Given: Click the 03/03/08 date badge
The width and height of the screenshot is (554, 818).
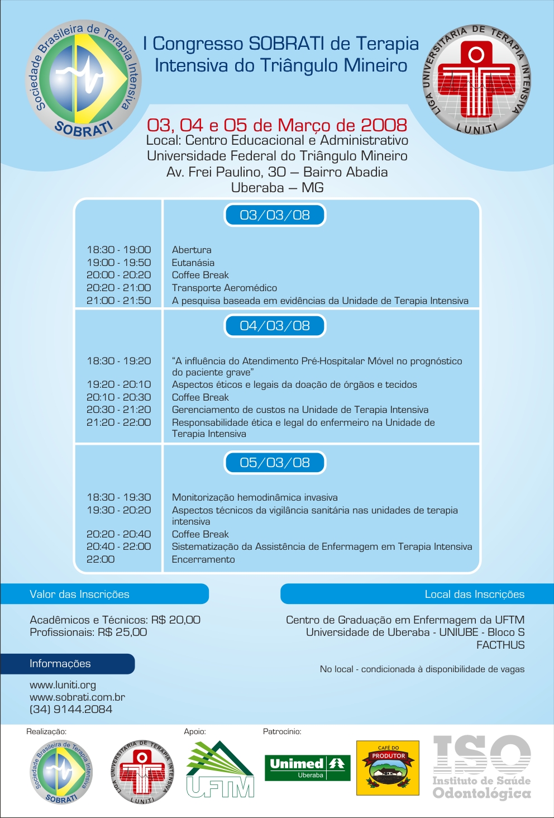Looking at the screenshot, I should (x=274, y=215).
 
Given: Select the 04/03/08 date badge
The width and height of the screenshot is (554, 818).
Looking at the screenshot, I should (x=274, y=326).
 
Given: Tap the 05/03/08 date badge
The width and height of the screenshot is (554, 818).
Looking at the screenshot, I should (x=274, y=463).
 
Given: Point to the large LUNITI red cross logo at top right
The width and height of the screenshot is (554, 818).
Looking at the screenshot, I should (x=476, y=80).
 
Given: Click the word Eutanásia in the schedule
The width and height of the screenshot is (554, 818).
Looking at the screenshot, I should (x=193, y=263).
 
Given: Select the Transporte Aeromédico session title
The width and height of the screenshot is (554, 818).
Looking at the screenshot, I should (x=224, y=288).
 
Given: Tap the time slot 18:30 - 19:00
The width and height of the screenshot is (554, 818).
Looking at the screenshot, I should (x=118, y=250).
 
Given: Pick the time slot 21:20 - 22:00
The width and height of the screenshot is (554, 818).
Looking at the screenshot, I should (x=118, y=422).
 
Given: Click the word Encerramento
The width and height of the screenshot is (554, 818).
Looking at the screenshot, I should (x=203, y=559).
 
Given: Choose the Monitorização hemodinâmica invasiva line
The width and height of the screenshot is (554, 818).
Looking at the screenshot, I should (x=255, y=497).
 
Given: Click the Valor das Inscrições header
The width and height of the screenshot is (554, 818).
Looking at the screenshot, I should (x=79, y=594).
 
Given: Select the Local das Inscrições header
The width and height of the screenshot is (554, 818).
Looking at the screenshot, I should (x=474, y=594).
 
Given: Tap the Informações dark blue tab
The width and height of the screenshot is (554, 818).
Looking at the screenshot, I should (x=60, y=664).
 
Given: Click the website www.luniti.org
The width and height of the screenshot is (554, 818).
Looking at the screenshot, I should (x=63, y=685).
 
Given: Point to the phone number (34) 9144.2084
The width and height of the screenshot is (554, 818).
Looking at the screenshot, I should (x=71, y=709).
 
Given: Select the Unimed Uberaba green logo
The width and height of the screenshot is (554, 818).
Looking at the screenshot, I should (x=307, y=768).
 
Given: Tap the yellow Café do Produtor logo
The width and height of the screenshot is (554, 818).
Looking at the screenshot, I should (x=388, y=768).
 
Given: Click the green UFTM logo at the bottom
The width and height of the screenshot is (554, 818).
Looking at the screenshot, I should (x=220, y=769).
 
